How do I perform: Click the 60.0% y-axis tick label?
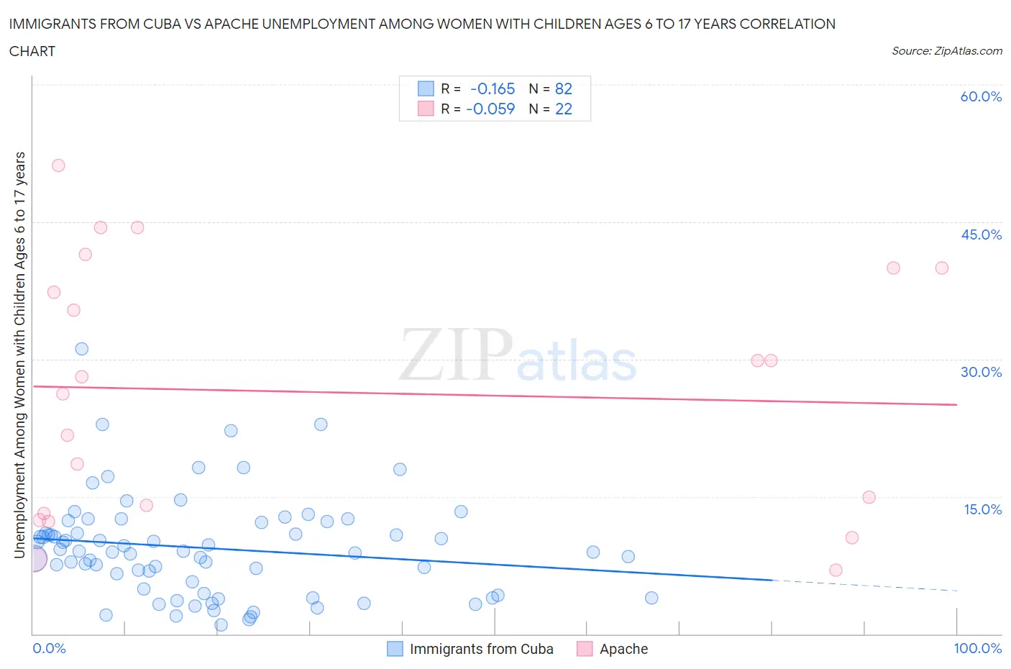click(981, 96)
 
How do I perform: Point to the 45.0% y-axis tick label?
click(981, 235)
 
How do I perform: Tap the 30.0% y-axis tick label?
click(981, 372)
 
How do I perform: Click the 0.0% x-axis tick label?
click(49, 648)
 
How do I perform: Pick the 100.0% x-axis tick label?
click(977, 648)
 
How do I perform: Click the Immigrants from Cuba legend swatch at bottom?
click(395, 649)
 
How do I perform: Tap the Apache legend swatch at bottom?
click(585, 649)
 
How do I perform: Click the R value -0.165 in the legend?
click(493, 88)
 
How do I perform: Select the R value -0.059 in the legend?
click(490, 109)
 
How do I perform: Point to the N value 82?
click(564, 88)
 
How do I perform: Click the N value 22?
click(564, 109)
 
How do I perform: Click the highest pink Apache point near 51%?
click(58, 165)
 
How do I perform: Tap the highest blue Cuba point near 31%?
click(82, 349)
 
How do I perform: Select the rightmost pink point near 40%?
click(942, 268)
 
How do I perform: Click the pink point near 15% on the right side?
click(869, 497)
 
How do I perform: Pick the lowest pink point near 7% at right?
click(836, 570)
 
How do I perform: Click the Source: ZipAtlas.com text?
click(946, 50)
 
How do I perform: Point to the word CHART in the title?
click(32, 51)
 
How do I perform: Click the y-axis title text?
click(19, 355)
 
